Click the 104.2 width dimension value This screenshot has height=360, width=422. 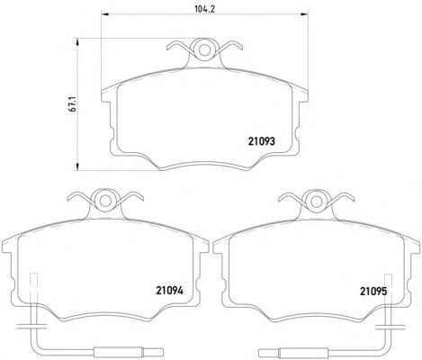point(205,9)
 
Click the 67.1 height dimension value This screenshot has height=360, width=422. point(72,104)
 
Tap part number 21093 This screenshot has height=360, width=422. point(261,141)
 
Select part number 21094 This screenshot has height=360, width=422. point(169,291)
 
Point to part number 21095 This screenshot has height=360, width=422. point(373,291)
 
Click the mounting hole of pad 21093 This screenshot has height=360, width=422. point(205,50)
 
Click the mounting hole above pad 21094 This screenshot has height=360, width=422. point(105,202)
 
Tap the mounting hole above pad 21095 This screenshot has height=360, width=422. point(316,202)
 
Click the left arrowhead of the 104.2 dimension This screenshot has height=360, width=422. point(105,13)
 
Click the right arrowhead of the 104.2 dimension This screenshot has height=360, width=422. point(304,13)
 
